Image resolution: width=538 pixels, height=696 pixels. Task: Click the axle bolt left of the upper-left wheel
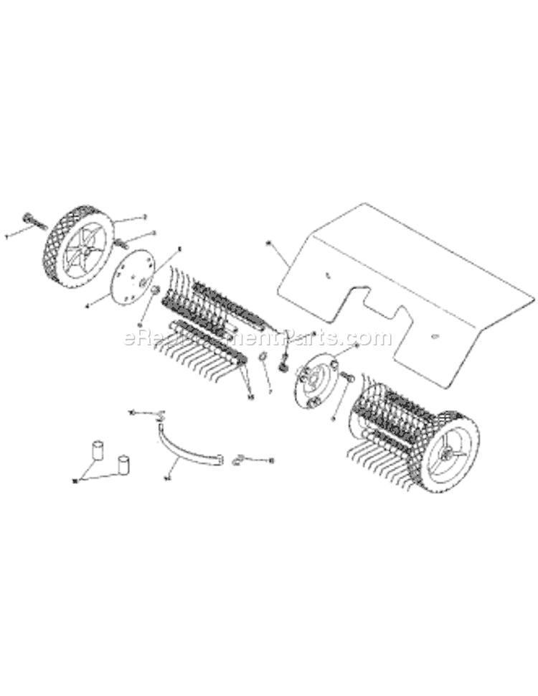(x=29, y=218)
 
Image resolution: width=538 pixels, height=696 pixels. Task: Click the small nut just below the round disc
(x=153, y=290)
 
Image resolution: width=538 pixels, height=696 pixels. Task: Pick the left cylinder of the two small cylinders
(x=95, y=452)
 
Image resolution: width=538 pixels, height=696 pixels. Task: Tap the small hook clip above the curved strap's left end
(x=159, y=414)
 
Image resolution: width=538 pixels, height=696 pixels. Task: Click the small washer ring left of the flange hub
(x=263, y=358)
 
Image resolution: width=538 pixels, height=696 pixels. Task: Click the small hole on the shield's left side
(x=326, y=274)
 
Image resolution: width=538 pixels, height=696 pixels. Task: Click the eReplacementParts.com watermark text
(x=258, y=338)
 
